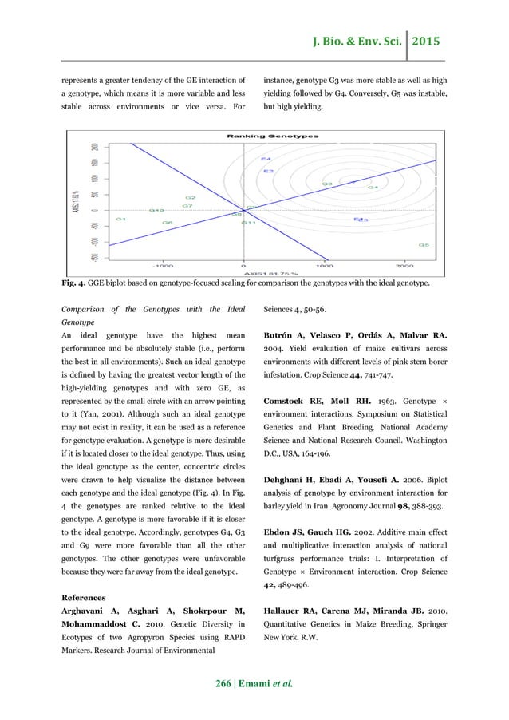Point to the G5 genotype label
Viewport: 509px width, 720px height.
coord(424,245)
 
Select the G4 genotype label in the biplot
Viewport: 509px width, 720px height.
coord(372,188)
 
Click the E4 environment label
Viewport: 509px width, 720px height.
coord(266,160)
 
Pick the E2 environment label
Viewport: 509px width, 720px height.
coord(269,171)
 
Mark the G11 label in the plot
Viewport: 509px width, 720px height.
coord(249,223)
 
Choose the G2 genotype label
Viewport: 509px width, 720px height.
coord(190,197)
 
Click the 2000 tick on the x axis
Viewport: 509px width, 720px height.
coord(404,265)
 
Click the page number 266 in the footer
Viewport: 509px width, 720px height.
coord(217,683)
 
